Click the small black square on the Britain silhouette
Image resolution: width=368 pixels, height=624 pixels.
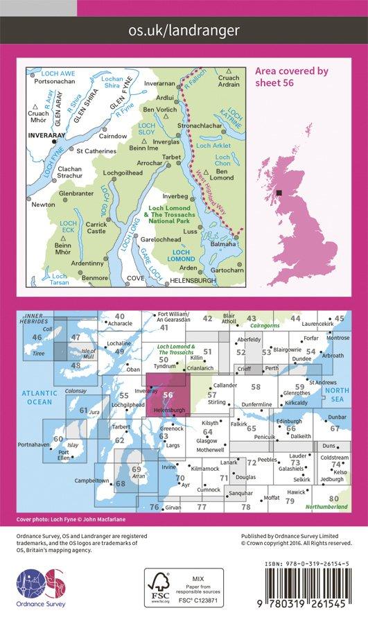(x=279, y=193)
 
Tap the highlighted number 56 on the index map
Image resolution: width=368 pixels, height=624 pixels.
(x=168, y=395)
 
